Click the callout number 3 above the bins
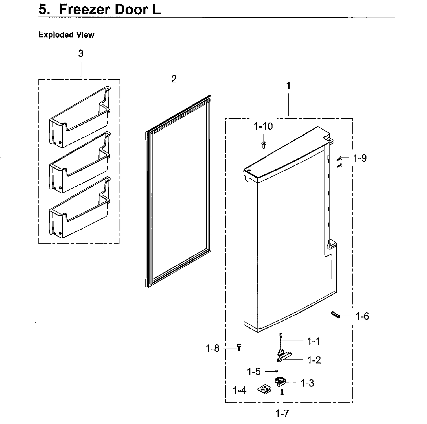[x=81, y=54]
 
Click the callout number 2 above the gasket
[x=174, y=79]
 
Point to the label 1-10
[x=263, y=126]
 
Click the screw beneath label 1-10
[x=264, y=144]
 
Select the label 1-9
[x=360, y=158]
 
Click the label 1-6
[x=362, y=316]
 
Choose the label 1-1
[x=314, y=341]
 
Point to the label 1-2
[x=314, y=360]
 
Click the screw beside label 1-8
[x=239, y=348]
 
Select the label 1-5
[x=254, y=372]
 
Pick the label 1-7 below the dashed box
[x=282, y=413]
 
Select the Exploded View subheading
[x=66, y=35]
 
